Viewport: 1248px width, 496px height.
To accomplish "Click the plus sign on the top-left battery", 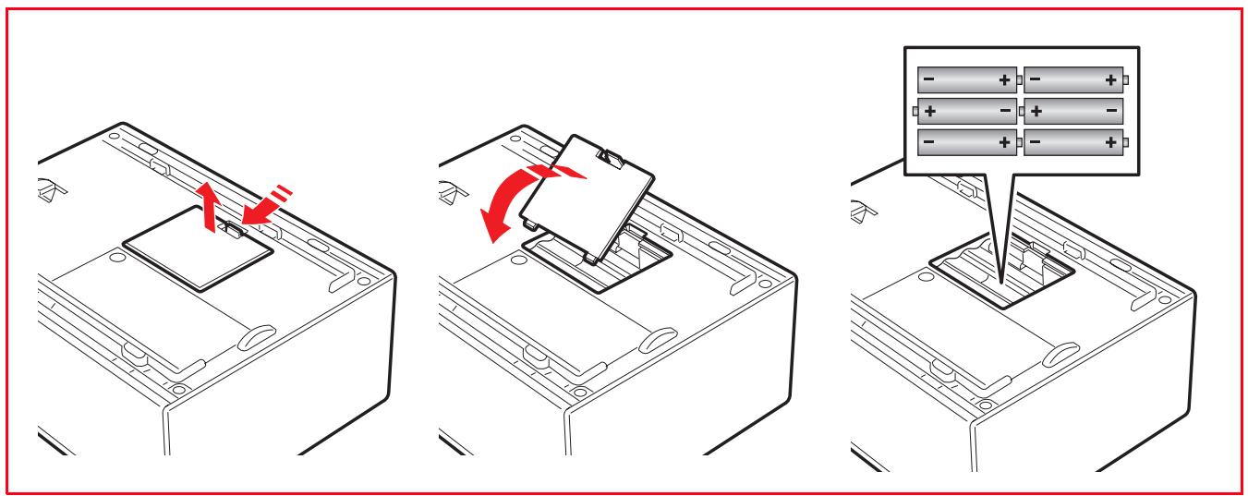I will pyautogui.click(x=1004, y=80).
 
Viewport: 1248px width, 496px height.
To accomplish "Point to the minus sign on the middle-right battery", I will pyautogui.click(x=1109, y=111).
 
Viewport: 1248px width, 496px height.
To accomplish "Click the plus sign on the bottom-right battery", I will pyautogui.click(x=1109, y=141).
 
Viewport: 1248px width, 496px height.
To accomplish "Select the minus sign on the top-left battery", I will pyautogui.click(x=929, y=80).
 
